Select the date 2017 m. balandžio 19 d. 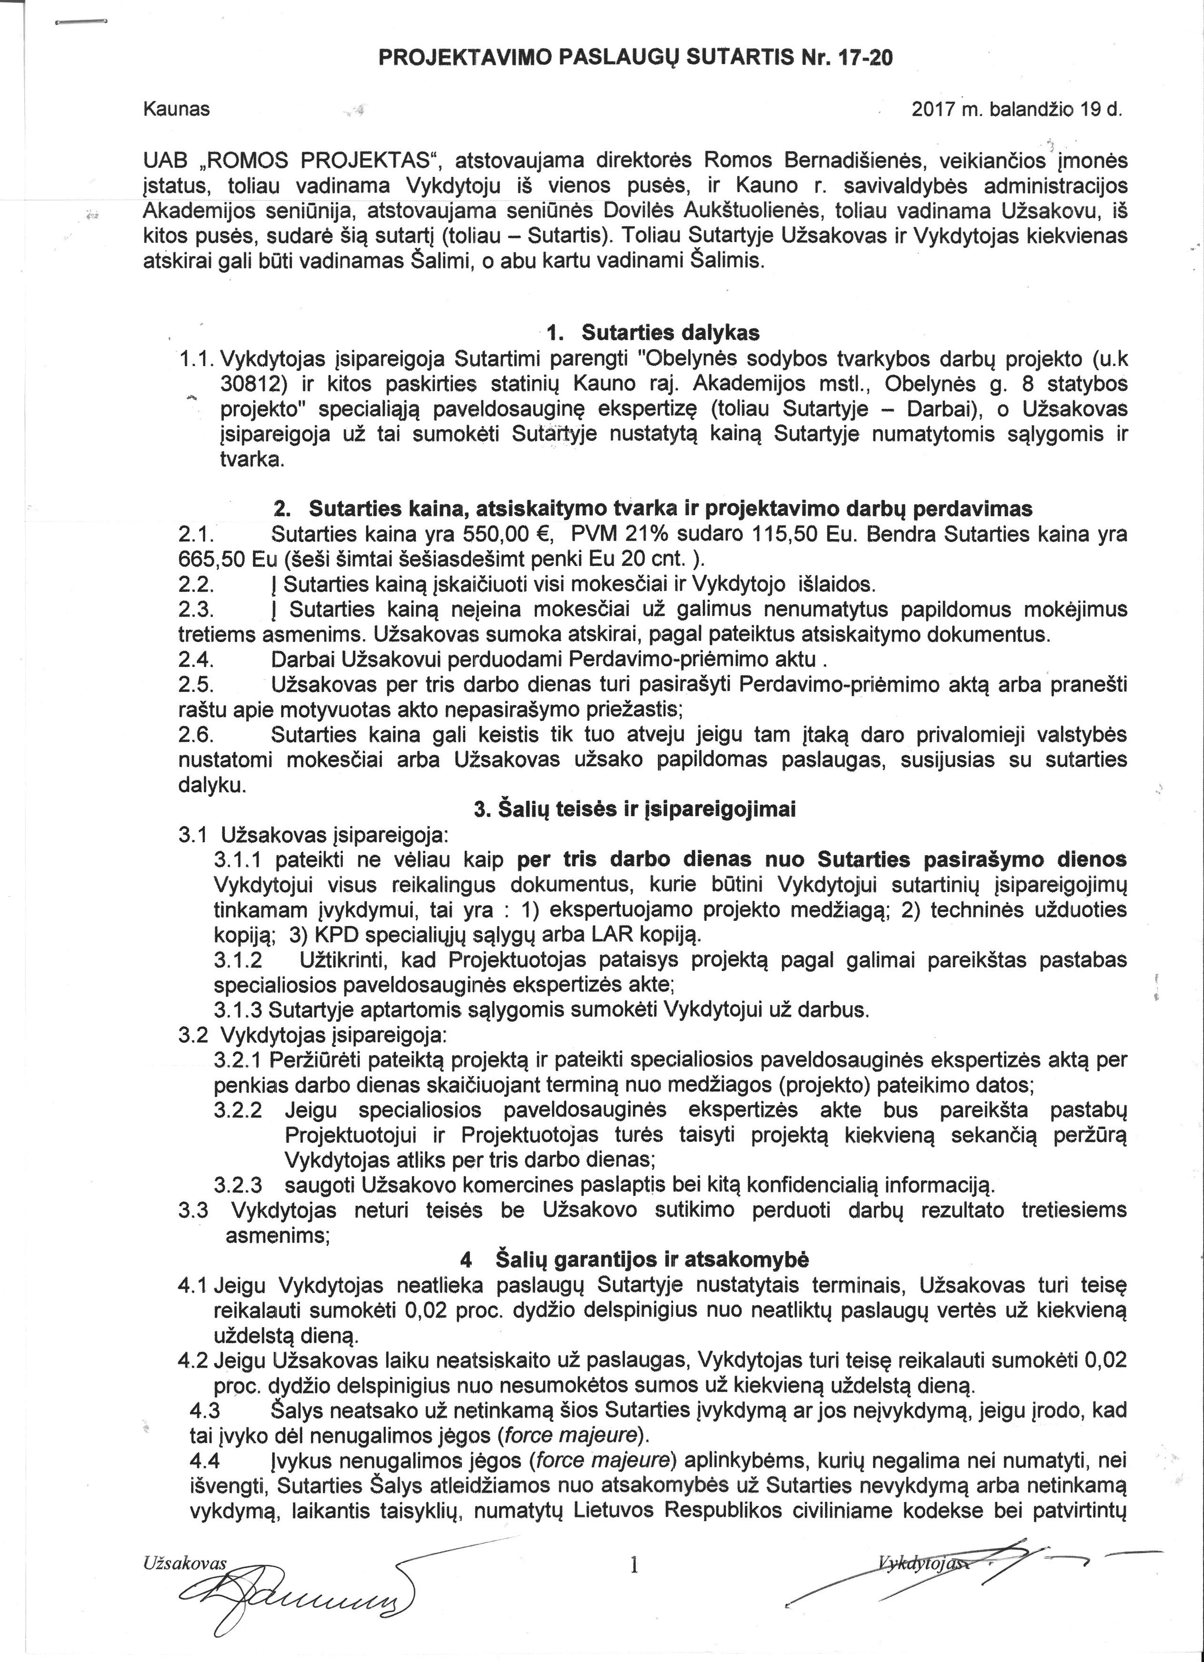pos(1017,110)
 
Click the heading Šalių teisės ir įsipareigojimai pos(634,810)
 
